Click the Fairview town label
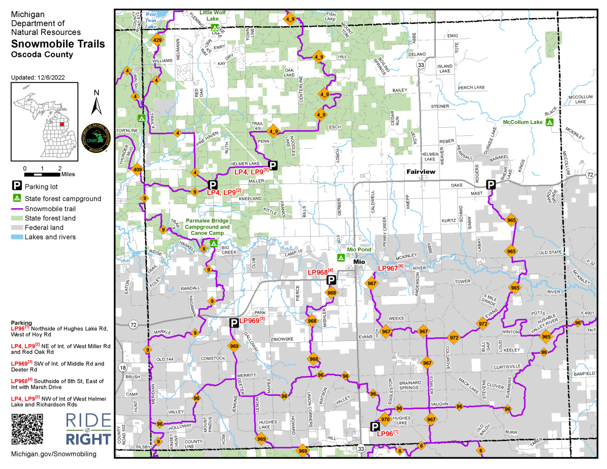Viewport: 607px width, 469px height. [x=421, y=172]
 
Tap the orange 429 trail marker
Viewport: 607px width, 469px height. [x=157, y=40]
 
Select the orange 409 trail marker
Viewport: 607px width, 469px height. [x=137, y=170]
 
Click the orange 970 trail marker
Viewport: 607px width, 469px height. [x=385, y=420]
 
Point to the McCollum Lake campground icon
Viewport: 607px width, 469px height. [x=549, y=122]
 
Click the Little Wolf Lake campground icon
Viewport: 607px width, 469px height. [x=214, y=28]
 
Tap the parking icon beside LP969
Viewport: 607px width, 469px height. [x=234, y=323]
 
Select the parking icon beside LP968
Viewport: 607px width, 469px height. [x=331, y=280]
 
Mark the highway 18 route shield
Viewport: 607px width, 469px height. [x=123, y=367]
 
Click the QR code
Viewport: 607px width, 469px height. [x=27, y=429]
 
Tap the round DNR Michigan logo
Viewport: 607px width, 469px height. [x=96, y=138]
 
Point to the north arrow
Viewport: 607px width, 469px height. [x=96, y=104]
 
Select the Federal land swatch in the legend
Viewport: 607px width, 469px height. [x=17, y=228]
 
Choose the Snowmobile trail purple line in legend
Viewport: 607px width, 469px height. [x=17, y=209]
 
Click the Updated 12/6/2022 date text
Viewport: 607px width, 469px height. [x=38, y=77]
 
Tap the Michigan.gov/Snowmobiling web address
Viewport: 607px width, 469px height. [x=54, y=454]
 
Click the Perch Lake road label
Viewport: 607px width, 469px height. [x=471, y=88]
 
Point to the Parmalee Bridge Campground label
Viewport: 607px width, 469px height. [x=207, y=227]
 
